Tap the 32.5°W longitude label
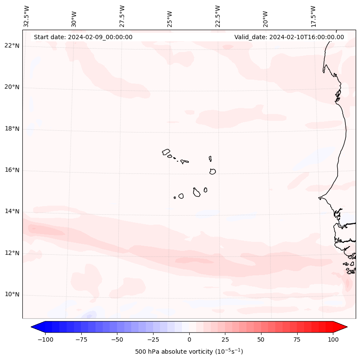pyautogui.click(x=27, y=16)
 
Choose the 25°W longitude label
pyautogui.click(x=170, y=17)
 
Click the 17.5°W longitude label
pyautogui.click(x=314, y=16)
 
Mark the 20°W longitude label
pyautogui.click(x=266, y=17)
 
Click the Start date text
pyautogui.click(x=83, y=37)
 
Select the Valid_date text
pyautogui.click(x=289, y=37)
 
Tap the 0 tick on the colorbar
pyautogui.click(x=189, y=339)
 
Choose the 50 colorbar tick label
pyautogui.click(x=261, y=339)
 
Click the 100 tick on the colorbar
pyautogui.click(x=333, y=339)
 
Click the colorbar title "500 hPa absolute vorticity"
pyautogui.click(x=189, y=352)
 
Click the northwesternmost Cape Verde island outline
pyautogui.click(x=166, y=152)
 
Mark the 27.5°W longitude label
pyautogui.click(x=122, y=16)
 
